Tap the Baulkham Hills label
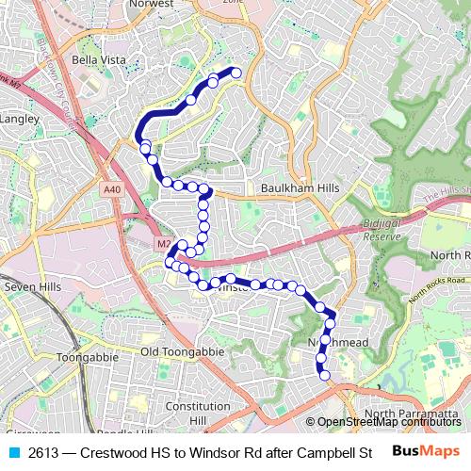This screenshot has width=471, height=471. coord(300,188)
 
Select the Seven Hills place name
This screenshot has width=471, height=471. coord(31,286)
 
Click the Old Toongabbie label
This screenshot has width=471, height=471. coord(183,351)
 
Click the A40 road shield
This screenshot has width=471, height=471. coord(113,189)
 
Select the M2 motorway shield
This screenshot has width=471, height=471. coord(165,244)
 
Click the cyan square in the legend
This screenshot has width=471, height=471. coord(13,451)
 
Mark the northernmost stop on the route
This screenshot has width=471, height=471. coord(236,73)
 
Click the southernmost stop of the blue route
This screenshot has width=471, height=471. coord(326,376)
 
